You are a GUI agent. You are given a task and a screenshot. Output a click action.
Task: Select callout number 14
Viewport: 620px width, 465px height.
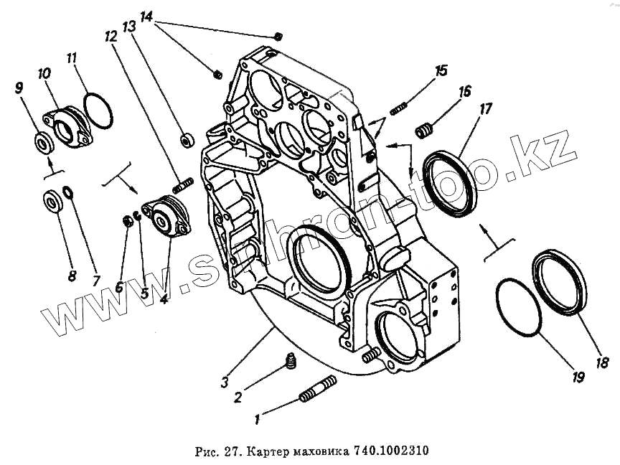(146, 17)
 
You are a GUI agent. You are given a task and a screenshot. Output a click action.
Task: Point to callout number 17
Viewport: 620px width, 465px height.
(486, 109)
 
